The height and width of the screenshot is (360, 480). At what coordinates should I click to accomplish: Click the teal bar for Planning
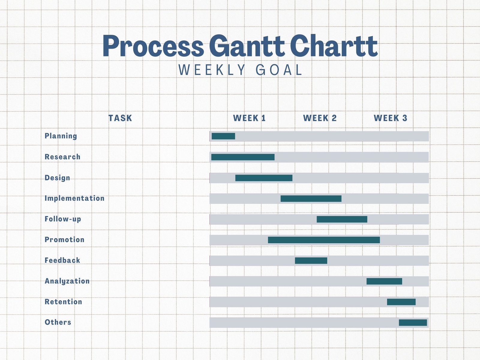pyautogui.click(x=223, y=136)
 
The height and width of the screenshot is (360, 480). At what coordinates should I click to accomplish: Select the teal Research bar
pyautogui.click(x=243, y=157)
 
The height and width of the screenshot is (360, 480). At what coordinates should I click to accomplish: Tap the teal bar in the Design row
pyautogui.click(x=264, y=178)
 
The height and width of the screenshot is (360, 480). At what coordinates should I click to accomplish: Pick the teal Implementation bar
pyautogui.click(x=311, y=199)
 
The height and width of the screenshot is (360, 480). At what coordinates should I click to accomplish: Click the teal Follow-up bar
pyautogui.click(x=342, y=219)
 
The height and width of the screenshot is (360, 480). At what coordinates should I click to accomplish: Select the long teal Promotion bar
pyautogui.click(x=324, y=240)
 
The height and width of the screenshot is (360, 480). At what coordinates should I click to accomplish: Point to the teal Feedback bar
pyautogui.click(x=311, y=261)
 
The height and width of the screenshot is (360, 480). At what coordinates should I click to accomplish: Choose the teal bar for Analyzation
pyautogui.click(x=384, y=281)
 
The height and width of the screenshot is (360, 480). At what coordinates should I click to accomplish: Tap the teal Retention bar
pyautogui.click(x=401, y=302)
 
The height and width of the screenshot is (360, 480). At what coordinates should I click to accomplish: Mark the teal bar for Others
pyautogui.click(x=412, y=322)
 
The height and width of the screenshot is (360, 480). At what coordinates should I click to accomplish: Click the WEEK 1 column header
pyautogui.click(x=249, y=118)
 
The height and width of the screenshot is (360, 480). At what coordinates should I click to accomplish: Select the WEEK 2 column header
pyautogui.click(x=320, y=118)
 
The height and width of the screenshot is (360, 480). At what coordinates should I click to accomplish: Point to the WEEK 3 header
pyautogui.click(x=390, y=118)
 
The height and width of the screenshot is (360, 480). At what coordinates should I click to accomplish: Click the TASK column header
pyautogui.click(x=120, y=118)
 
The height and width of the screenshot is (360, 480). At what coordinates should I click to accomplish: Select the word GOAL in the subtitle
pyautogui.click(x=279, y=70)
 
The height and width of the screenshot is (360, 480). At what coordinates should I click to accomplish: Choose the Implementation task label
pyautogui.click(x=74, y=198)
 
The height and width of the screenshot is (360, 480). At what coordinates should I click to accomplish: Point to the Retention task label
pyautogui.click(x=63, y=302)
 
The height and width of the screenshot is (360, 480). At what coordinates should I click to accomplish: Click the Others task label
pyautogui.click(x=58, y=322)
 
